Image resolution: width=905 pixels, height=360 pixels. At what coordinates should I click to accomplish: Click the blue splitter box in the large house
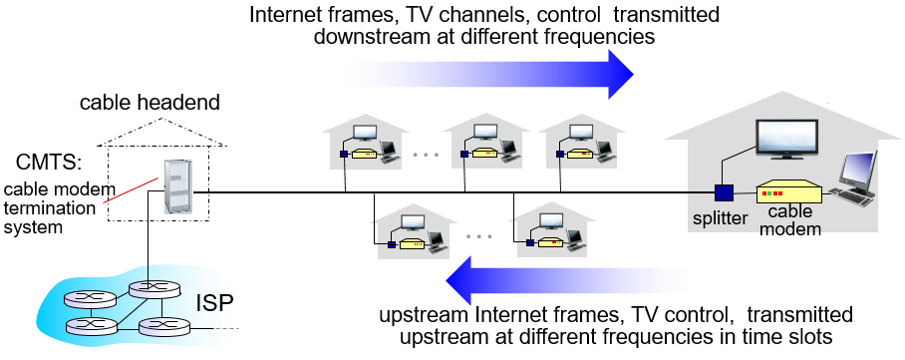tap(725, 192)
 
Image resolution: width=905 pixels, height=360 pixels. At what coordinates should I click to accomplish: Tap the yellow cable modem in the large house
tap(788, 192)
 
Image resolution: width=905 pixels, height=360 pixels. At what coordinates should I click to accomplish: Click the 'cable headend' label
tap(150, 103)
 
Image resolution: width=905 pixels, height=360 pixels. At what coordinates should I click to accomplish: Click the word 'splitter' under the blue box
tap(718, 218)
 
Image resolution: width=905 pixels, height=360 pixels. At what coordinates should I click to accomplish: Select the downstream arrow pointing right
tap(498, 73)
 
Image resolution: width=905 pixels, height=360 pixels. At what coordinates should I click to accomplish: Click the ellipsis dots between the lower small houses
tap(479, 237)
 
